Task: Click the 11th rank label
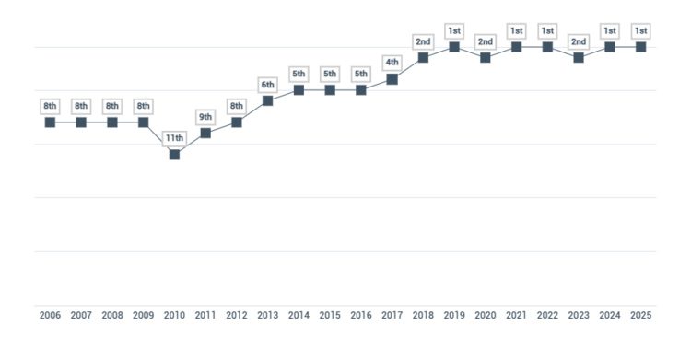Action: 174,138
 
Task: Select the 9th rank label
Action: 205,117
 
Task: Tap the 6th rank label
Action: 267,85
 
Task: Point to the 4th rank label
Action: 392,63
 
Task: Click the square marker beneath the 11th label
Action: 174,155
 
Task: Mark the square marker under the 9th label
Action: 205,133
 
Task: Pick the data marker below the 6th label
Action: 267,101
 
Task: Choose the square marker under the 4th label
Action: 392,79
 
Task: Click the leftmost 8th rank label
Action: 50,106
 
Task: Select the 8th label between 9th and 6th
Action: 237,106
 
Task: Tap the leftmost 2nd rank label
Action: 424,41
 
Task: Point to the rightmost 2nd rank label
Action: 579,41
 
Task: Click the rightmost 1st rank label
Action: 640,30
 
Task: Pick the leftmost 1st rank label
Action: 454,30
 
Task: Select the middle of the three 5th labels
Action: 330,74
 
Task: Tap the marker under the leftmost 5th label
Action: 299,90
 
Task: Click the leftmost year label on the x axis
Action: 50,315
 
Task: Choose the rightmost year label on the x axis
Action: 640,315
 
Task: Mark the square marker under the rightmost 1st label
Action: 640,47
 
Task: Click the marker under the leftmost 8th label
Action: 50,122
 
